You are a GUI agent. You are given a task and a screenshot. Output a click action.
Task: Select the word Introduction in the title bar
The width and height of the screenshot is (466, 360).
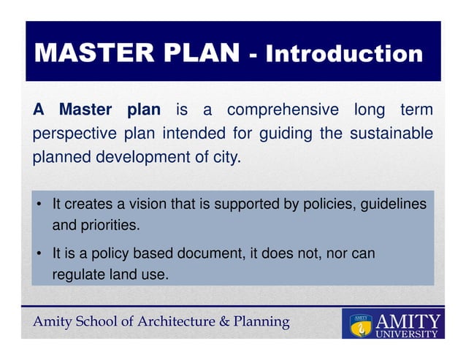343,53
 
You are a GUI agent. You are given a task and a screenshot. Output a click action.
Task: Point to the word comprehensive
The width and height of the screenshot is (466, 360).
283,110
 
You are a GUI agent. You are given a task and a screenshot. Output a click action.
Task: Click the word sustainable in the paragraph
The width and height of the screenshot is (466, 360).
391,134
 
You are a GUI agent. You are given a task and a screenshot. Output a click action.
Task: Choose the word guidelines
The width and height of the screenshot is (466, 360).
392,205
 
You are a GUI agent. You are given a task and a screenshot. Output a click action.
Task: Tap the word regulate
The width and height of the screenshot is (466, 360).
77,275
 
